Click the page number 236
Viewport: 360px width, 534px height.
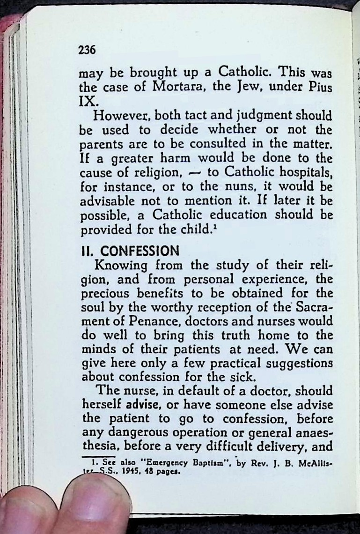pos(87,49)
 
